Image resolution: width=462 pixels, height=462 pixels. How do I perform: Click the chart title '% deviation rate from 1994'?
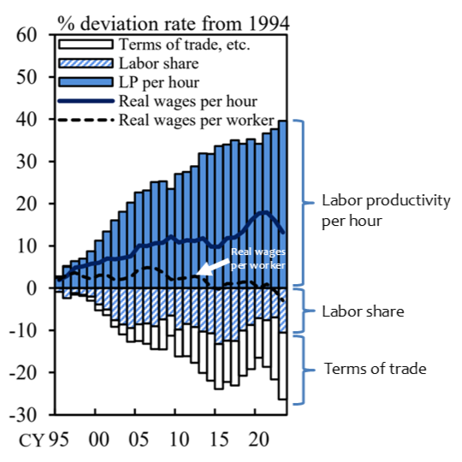[x=173, y=24]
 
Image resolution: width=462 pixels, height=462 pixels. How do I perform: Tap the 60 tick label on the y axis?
[x=27, y=35]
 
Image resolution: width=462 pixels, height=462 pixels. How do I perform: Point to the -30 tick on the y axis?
[x=24, y=415]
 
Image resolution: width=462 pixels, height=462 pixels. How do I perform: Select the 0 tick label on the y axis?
[x=32, y=288]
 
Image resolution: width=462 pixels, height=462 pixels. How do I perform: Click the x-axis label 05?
[x=139, y=440]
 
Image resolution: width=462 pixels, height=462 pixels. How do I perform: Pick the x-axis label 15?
[x=219, y=440]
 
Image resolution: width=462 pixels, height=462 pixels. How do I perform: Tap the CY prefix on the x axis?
[x=32, y=441]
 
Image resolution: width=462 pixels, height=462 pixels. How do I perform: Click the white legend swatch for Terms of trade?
[x=86, y=44]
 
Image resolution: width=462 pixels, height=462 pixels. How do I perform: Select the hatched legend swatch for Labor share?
[x=86, y=63]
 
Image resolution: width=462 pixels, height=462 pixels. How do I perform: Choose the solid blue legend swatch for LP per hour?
[x=86, y=82]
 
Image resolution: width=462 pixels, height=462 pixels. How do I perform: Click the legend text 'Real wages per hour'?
[x=188, y=102]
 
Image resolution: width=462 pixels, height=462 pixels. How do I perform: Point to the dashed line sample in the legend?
[x=86, y=120]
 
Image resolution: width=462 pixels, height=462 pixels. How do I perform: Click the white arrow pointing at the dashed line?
[x=213, y=268]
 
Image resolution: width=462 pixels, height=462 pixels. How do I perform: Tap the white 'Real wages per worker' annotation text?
[x=258, y=258]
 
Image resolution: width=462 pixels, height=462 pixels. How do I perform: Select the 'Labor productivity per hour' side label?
[x=386, y=210]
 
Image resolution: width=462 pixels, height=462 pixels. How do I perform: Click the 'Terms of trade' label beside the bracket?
[x=375, y=369]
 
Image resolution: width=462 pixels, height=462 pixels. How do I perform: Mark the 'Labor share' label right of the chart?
[x=363, y=311]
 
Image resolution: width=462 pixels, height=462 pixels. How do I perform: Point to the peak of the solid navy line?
[x=264, y=212]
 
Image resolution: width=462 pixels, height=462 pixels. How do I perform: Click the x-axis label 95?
[x=59, y=440]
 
